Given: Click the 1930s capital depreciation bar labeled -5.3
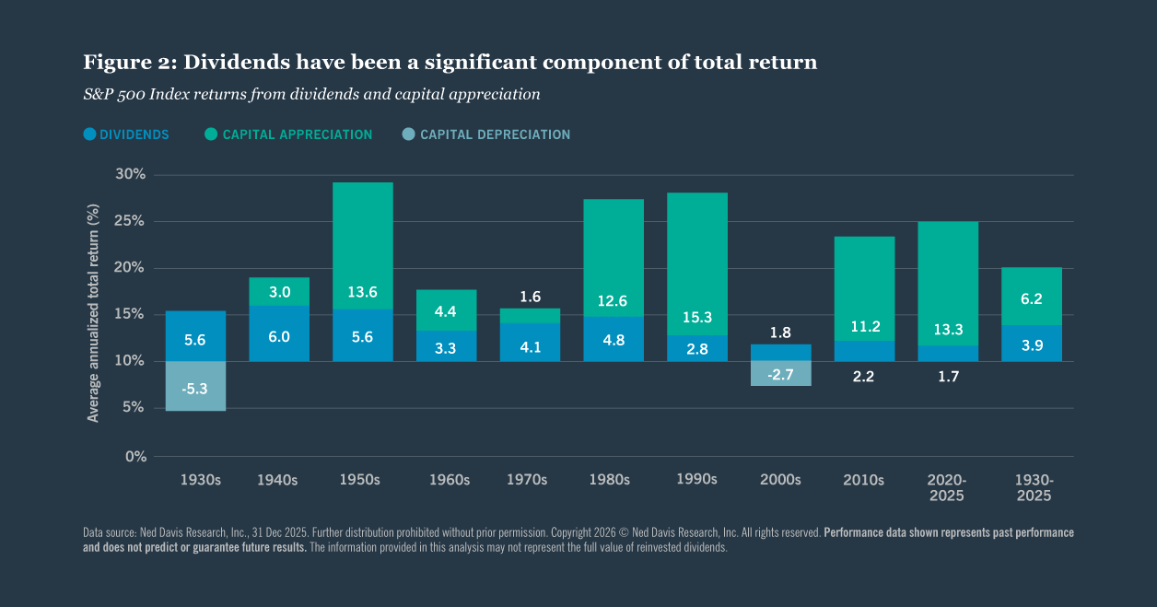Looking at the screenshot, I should point(195,387).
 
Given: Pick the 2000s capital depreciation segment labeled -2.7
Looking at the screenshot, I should point(780,373).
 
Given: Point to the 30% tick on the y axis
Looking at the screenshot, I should point(130,174).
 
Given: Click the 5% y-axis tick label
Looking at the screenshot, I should point(134,408).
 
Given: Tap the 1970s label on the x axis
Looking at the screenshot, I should point(527,480).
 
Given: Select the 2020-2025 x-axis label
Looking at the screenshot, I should point(947,488).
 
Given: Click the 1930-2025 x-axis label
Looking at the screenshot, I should point(1034,488).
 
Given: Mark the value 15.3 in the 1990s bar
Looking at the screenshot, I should point(696,317).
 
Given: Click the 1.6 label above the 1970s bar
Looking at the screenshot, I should point(530,297).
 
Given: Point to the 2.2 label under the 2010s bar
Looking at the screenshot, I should point(864,376).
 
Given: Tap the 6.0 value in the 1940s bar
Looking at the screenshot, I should point(279,337).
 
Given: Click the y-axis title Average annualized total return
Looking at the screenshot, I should point(93,315).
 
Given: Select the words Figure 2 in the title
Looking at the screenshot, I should point(129,63).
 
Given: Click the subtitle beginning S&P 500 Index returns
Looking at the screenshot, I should point(311,94).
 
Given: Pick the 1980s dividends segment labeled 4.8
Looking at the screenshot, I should point(613,338).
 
